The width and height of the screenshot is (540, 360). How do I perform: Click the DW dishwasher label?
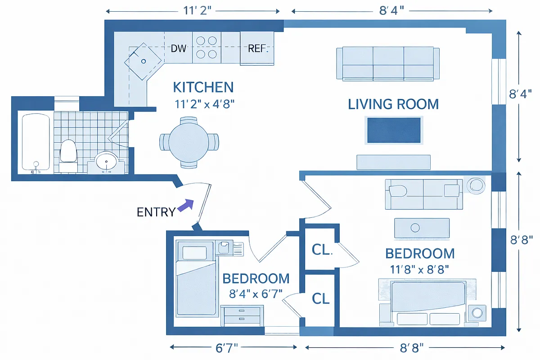coord(179,48)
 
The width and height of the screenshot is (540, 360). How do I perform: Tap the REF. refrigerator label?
coord(257,48)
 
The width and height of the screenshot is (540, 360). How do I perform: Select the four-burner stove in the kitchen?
coord(207,47)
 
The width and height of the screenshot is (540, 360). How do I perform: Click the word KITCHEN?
coord(203,87)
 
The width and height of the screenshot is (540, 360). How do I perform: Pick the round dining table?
coord(189,142)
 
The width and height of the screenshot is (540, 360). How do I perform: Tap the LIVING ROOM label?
coord(393,104)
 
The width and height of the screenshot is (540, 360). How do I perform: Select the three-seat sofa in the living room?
coord(388,63)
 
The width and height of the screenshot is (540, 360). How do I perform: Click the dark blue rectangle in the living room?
coord(394,130)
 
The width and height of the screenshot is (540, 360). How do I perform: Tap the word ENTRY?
coord(156,212)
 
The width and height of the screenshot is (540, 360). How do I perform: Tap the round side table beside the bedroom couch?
coord(475,185)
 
